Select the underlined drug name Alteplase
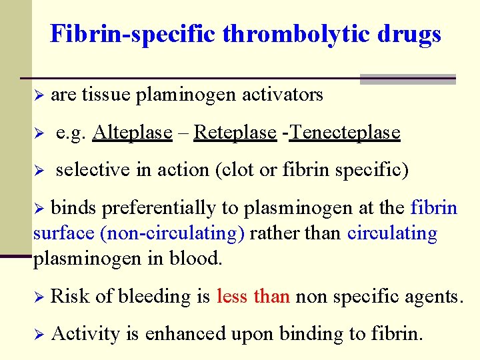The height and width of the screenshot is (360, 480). point(133,133)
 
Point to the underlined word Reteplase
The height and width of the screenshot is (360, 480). point(235,133)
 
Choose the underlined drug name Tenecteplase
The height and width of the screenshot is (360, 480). point(345,133)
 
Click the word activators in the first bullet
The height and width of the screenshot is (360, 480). point(283,95)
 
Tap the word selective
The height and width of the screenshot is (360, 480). point(93,170)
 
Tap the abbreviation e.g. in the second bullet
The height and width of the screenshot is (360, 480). point(71,133)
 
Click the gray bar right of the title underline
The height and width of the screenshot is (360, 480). point(407,79)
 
